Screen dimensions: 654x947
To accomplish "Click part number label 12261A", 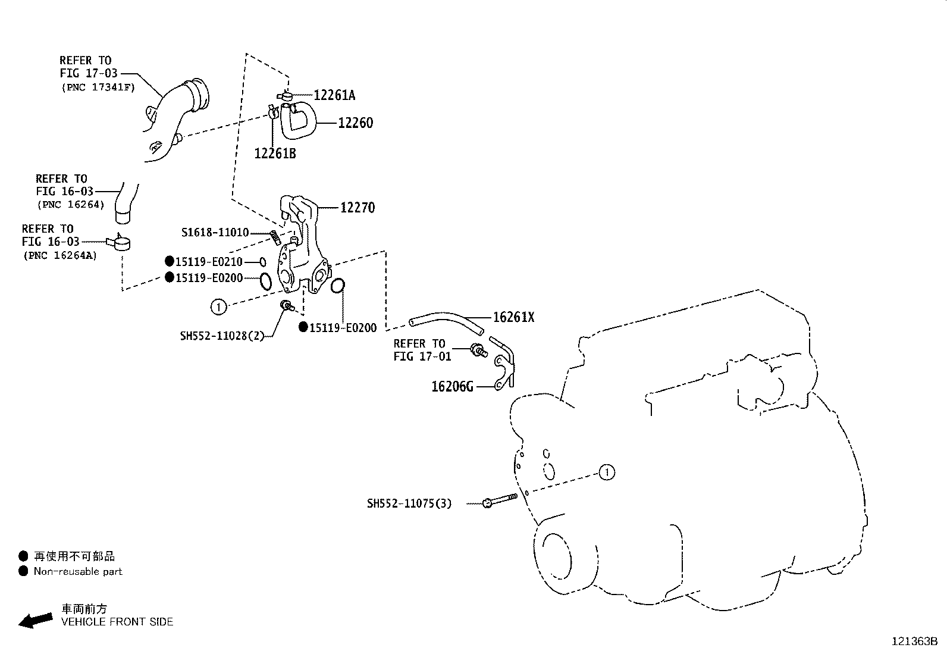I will pyautogui.click(x=334, y=95).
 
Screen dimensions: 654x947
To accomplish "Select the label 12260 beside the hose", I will pyautogui.click(x=355, y=123).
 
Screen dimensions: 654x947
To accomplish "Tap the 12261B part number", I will pyautogui.click(x=275, y=154).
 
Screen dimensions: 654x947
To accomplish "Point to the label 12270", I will pyautogui.click(x=358, y=208).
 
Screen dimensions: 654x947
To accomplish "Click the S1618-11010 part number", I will pyautogui.click(x=215, y=233).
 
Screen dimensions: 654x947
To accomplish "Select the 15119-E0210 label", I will pyautogui.click(x=209, y=261).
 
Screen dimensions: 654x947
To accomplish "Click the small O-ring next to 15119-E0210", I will pyautogui.click(x=262, y=262).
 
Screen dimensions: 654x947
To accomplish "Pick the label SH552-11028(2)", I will pyautogui.click(x=221, y=336).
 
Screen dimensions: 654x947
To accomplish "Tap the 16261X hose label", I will pyautogui.click(x=513, y=318).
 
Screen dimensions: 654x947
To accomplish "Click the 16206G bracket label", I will pyautogui.click(x=452, y=387).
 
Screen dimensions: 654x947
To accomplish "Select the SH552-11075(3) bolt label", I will pyautogui.click(x=409, y=504).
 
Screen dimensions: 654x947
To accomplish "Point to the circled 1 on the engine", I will pyautogui.click(x=606, y=473).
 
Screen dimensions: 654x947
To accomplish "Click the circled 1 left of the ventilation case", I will pyautogui.click(x=219, y=307).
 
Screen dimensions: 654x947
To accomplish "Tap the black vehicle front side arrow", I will pyautogui.click(x=35, y=621).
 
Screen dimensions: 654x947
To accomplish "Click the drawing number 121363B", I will pyautogui.click(x=914, y=642).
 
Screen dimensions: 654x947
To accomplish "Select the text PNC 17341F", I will pyautogui.click(x=98, y=87).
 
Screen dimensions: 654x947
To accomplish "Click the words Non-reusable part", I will pyautogui.click(x=78, y=571).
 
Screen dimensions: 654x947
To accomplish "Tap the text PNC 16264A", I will pyautogui.click(x=60, y=255).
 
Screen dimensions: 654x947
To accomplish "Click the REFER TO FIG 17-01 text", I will pyautogui.click(x=422, y=350).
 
